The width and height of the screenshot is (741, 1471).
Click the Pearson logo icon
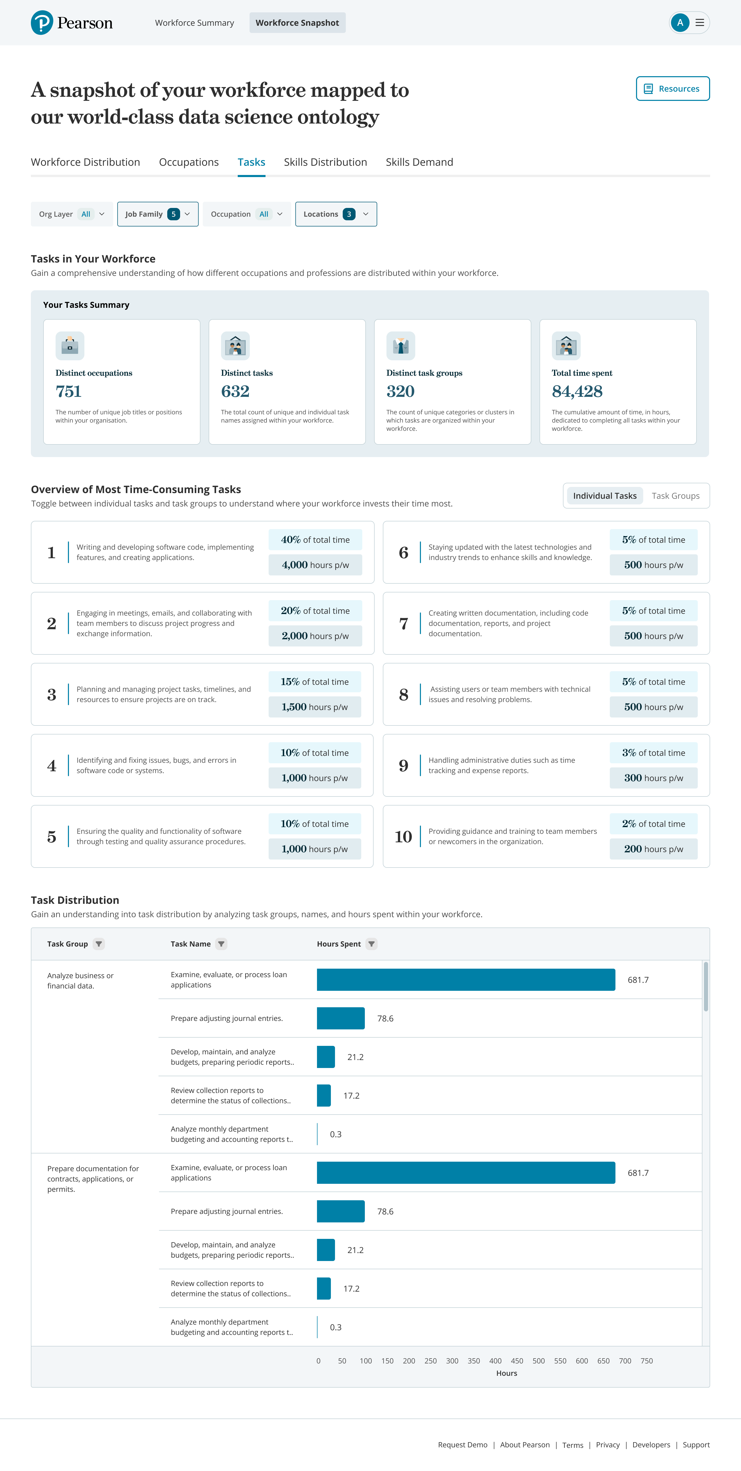42,23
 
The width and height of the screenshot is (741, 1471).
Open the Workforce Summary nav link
194,23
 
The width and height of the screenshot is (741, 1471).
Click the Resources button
673,89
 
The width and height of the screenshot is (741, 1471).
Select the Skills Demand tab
419,162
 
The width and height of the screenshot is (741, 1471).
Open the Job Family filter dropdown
157,214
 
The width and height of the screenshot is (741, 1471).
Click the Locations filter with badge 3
336,214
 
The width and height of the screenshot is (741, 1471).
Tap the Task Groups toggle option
675,496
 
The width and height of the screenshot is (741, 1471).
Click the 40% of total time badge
315,540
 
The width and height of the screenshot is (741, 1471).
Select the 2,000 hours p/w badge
315,636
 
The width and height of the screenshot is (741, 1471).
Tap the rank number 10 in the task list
403,837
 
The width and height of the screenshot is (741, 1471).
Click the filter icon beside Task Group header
99,944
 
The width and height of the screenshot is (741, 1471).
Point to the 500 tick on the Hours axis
538,1361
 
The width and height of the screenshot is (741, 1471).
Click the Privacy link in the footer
607,1445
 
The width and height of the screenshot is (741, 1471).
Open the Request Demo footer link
462,1445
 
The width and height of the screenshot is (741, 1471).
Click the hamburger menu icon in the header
699,23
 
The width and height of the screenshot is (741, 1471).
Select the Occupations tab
188,162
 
